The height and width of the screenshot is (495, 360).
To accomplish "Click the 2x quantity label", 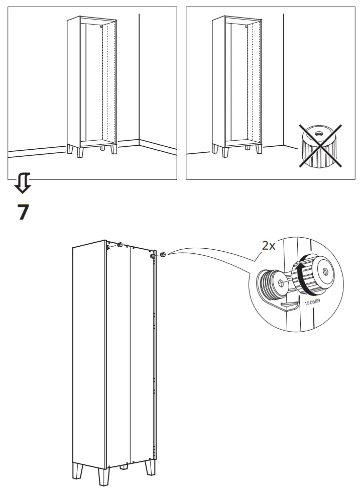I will tap(269, 246).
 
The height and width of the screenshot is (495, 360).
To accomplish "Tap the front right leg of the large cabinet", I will tap(150, 468).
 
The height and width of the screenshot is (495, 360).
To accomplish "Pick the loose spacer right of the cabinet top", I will tap(164, 254).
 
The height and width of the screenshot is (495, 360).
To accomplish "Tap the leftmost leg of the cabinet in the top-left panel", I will tap(70, 149).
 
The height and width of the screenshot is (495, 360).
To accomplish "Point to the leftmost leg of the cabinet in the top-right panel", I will tap(214, 149).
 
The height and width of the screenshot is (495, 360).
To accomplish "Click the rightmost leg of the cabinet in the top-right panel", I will tap(258, 149).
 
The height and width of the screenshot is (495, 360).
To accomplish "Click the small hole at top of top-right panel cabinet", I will tap(247, 27).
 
